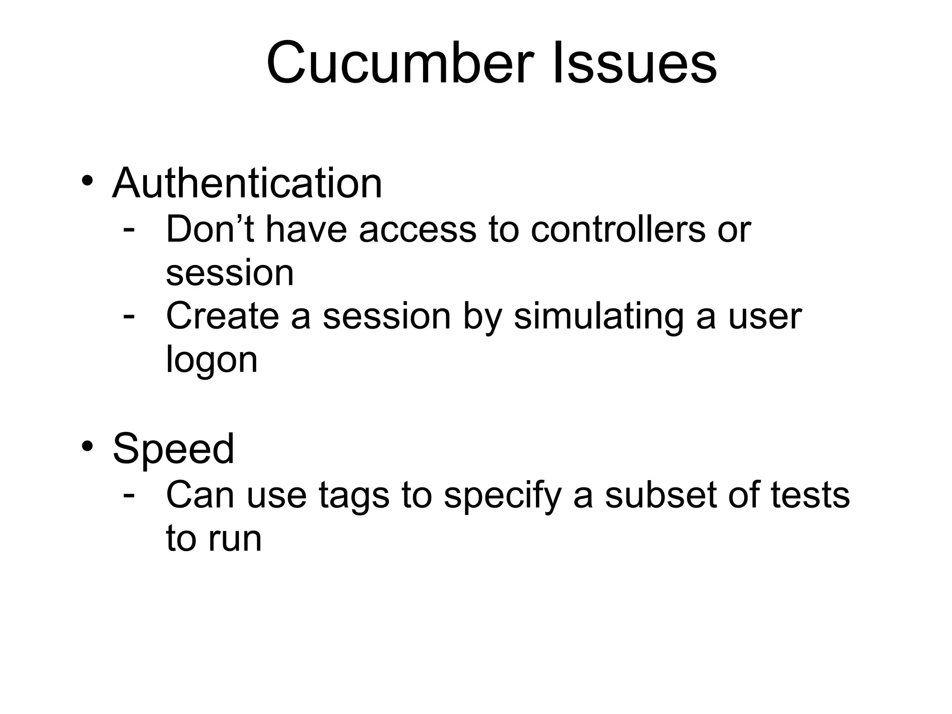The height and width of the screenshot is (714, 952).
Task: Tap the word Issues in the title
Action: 635,63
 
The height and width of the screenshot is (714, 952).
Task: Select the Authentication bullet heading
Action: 247,183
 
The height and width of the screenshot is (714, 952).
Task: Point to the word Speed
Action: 173,449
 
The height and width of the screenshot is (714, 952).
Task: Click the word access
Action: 417,230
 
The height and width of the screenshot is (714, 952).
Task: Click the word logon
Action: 212,360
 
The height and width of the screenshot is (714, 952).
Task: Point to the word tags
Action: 354,496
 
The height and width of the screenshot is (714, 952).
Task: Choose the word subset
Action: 661,495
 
